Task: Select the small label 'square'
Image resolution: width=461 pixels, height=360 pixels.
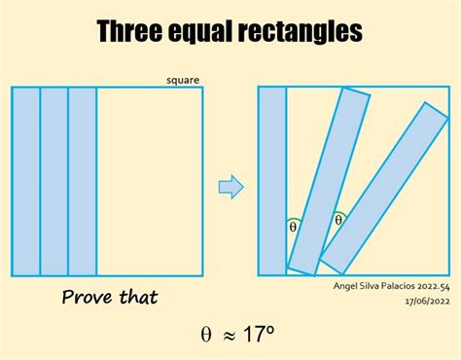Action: click(184, 80)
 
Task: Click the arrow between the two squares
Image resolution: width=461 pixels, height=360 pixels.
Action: click(230, 186)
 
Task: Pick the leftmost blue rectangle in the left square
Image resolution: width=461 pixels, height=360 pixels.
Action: click(25, 181)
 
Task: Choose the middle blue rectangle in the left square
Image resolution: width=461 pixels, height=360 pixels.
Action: click(53, 181)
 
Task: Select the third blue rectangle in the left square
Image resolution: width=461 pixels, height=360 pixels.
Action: click(83, 181)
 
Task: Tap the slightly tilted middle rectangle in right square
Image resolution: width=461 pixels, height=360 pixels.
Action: click(331, 180)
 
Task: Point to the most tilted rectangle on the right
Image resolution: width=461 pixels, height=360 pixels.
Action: click(384, 187)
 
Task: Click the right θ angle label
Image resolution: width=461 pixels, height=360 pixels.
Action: click(338, 220)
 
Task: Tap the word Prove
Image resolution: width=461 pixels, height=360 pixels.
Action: click(93, 297)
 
